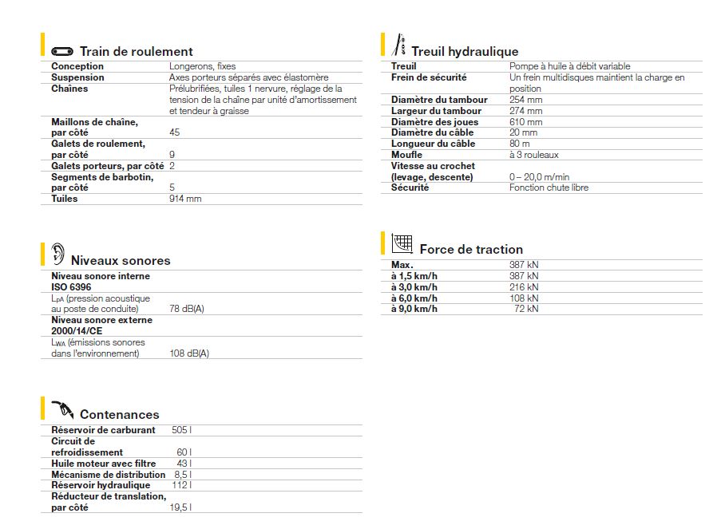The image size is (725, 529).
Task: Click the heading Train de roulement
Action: (137, 52)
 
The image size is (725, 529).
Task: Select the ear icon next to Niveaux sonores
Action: (57, 255)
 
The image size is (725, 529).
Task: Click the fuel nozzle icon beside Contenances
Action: (63, 411)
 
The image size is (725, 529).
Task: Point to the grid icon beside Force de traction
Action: (402, 243)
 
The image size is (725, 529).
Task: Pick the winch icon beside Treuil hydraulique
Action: (401, 45)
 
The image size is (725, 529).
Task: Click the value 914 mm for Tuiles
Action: (185, 199)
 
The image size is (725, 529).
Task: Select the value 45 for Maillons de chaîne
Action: (175, 132)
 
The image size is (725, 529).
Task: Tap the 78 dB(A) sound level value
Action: (187, 309)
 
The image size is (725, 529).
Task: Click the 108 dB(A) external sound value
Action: (189, 353)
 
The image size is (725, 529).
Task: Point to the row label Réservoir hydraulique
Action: (101, 485)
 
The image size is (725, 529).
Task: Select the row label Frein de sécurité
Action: (429, 77)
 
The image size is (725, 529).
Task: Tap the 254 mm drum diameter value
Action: (525, 100)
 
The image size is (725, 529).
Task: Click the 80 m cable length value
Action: (520, 144)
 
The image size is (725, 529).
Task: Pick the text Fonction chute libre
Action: (549, 188)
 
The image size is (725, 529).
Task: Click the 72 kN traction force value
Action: (527, 309)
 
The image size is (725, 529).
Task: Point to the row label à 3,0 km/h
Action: (414, 286)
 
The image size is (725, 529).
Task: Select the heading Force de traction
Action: (471, 250)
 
